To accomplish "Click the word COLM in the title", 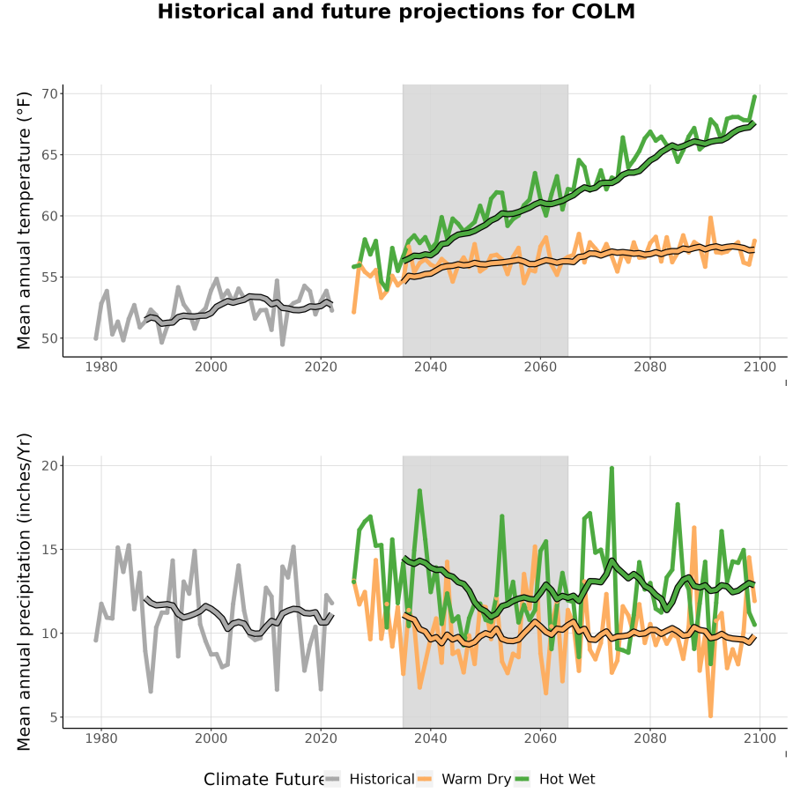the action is click(603, 11).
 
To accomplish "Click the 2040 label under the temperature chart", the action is click(430, 367).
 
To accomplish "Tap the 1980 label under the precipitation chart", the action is click(101, 738).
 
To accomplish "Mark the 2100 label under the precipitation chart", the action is click(760, 738).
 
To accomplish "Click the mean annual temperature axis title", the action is click(24, 220).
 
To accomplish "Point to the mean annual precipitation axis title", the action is click(24, 592).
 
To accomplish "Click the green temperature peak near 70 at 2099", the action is click(754, 96).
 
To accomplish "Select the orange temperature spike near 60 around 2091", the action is click(710, 218).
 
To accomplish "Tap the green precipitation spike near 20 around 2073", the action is click(611, 469).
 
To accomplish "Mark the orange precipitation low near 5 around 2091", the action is click(710, 715).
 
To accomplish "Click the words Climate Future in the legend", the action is click(263, 780).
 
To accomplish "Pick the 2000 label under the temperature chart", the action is click(211, 367).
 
